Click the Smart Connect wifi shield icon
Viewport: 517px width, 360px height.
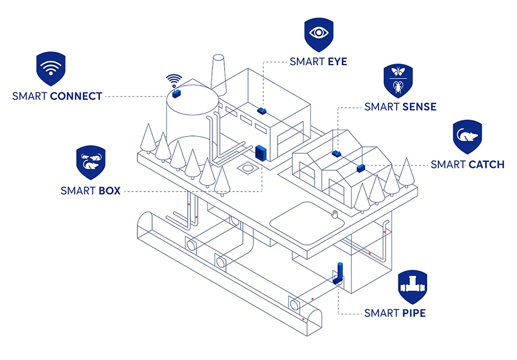pyautogui.click(x=50, y=67)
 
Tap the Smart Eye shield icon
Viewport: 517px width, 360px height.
pyautogui.click(x=319, y=34)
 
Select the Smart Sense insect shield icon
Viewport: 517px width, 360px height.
pyautogui.click(x=400, y=80)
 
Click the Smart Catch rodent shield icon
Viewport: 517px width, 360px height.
pyautogui.click(x=467, y=137)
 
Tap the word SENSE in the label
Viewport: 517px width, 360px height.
pyautogui.click(x=419, y=107)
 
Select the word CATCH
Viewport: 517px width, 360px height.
pyautogui.click(x=486, y=164)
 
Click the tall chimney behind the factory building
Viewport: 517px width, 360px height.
pyautogui.click(x=219, y=73)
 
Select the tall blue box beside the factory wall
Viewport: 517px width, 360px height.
pyautogui.click(x=261, y=152)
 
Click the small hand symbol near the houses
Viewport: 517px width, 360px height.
pyautogui.click(x=335, y=214)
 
